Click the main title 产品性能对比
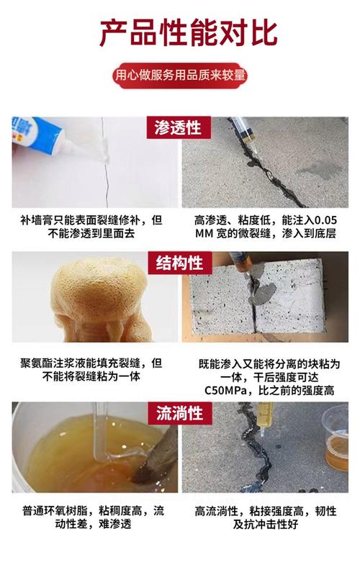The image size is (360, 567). (179, 33)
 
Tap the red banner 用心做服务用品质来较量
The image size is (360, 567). (180, 74)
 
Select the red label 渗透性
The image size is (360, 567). (179, 128)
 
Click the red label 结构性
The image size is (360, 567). (179, 263)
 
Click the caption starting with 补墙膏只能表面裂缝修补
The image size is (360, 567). (90, 226)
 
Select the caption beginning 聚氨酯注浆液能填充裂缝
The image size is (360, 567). (90, 369)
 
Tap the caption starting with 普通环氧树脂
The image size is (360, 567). (90, 517)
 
